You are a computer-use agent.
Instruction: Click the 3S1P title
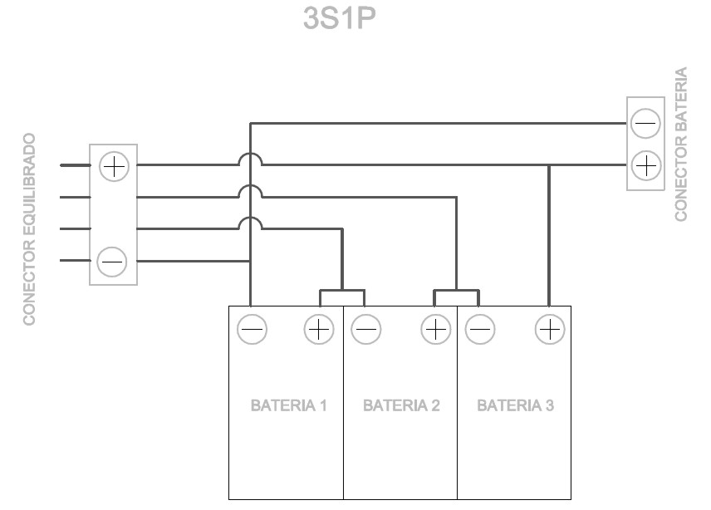340,18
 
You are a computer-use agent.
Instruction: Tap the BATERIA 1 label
289,405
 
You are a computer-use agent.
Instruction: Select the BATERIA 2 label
401,405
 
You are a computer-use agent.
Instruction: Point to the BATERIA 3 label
516,405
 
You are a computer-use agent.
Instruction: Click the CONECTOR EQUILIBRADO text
29,229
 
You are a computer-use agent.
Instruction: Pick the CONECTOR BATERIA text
681,145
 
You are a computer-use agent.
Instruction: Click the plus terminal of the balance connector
114,166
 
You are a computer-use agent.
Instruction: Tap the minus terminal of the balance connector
112,262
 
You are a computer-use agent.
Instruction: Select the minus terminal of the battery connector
645,123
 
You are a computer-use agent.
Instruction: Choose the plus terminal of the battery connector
645,165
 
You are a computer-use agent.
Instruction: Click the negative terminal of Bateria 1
253,329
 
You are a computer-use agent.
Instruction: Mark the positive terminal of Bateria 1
319,329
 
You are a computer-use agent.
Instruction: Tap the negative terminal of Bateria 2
366,329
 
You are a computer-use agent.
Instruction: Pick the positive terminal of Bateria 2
436,329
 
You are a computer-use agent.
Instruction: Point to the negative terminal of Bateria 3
480,329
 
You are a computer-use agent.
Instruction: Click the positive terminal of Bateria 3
550,329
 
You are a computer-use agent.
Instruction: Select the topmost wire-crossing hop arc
250,154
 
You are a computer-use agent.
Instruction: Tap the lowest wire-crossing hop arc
250,218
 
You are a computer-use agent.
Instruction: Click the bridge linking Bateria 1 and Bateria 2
342,291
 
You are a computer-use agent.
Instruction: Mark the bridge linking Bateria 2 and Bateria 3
456,291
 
